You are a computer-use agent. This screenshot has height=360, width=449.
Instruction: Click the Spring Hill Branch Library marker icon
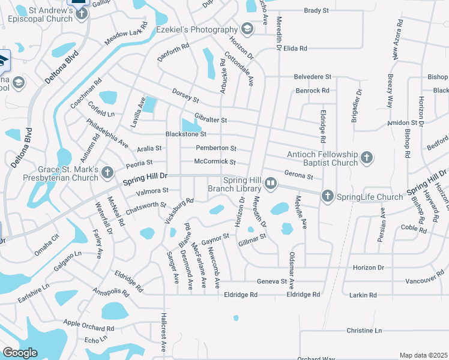[x=271, y=183]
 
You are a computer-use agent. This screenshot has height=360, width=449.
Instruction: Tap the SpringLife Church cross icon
[x=327, y=196]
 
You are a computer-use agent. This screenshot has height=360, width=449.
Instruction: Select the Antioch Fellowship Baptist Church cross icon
[x=366, y=158]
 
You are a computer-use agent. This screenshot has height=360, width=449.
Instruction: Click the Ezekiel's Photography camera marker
[x=247, y=29]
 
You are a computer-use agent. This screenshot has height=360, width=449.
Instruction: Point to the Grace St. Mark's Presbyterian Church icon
[x=107, y=173]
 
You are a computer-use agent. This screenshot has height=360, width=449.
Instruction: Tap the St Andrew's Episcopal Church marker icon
[x=80, y=12]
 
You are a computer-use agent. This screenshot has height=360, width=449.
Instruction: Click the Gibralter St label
[x=210, y=120]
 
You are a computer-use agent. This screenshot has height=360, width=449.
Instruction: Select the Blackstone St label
[x=186, y=134]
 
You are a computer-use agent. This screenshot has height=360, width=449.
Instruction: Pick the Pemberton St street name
[x=216, y=148]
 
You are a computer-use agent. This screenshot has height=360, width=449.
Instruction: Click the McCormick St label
[x=214, y=162]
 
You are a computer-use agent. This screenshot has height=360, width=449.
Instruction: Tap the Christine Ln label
[x=364, y=331]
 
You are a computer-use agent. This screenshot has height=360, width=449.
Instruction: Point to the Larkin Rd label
[x=364, y=295]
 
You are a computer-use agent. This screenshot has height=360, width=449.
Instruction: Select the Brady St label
[x=316, y=11]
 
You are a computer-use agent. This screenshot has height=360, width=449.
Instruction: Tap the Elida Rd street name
[x=295, y=48]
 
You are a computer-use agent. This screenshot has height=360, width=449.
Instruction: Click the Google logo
[x=20, y=353]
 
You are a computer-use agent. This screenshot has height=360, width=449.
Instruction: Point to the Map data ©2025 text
[x=423, y=355]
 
